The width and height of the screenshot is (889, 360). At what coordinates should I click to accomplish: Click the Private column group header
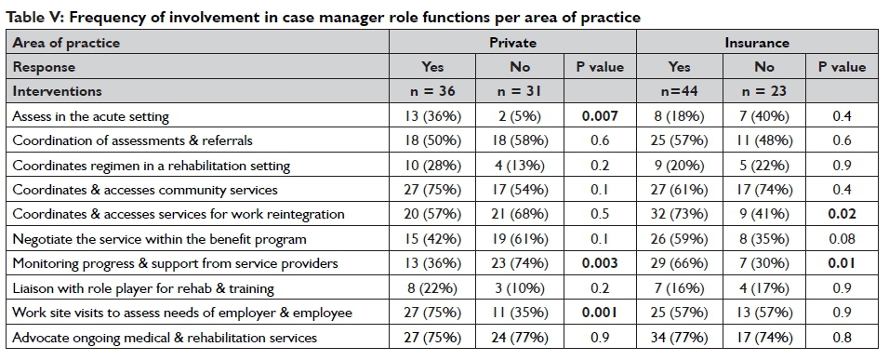pyautogui.click(x=512, y=43)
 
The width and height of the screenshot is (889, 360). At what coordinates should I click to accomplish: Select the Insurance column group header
pyautogui.click(x=756, y=43)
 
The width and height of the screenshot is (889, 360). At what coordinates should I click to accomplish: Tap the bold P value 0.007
pyautogui.click(x=599, y=116)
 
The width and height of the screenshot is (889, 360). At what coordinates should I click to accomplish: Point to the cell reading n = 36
pyautogui.click(x=432, y=91)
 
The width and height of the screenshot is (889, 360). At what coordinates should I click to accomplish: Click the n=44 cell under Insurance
pyautogui.click(x=679, y=91)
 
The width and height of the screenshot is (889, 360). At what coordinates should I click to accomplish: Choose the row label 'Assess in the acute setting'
pyautogui.click(x=91, y=117)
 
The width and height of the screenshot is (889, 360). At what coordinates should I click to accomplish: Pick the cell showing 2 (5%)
pyautogui.click(x=520, y=116)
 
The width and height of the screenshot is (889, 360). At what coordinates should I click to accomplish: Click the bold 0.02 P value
pyautogui.click(x=842, y=214)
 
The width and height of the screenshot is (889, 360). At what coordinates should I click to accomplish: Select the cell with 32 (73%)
pyautogui.click(x=679, y=214)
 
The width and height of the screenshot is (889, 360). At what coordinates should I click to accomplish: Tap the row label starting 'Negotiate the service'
pyautogui.click(x=159, y=239)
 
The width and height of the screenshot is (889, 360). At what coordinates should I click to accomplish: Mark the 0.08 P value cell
pyautogui.click(x=842, y=239)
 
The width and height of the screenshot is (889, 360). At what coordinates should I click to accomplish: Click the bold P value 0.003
pyautogui.click(x=599, y=263)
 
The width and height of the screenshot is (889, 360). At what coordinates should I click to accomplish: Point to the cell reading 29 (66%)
pyautogui.click(x=679, y=263)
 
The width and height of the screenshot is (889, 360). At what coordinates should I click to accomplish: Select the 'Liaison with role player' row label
pyautogui.click(x=143, y=288)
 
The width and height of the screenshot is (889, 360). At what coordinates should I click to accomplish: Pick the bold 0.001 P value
pyautogui.click(x=599, y=313)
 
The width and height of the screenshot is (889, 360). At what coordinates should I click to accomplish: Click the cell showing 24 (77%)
pyautogui.click(x=520, y=338)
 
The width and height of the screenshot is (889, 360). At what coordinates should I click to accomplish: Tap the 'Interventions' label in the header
pyautogui.click(x=58, y=91)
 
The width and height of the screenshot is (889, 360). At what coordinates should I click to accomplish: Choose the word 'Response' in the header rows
pyautogui.click(x=44, y=67)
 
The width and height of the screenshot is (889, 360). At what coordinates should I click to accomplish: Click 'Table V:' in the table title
pyautogui.click(x=34, y=17)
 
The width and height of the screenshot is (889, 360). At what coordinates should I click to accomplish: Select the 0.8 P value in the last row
pyautogui.click(x=842, y=338)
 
